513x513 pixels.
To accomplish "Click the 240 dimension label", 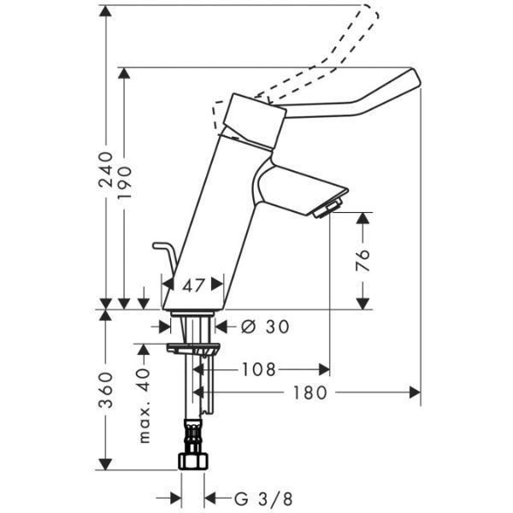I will [105, 168].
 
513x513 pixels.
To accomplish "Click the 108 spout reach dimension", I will [258, 369].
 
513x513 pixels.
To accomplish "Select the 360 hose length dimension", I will [105, 391].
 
